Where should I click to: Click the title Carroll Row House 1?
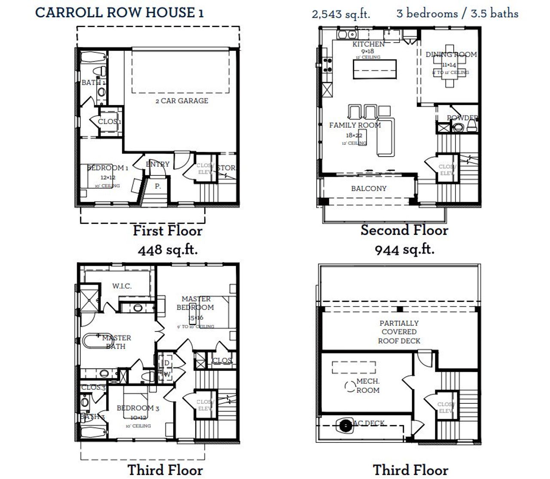coord(119,12)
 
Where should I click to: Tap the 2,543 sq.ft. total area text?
coord(341,14)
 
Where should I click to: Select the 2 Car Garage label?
coord(182,101)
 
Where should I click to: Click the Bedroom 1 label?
coord(107,168)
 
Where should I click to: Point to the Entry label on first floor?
coord(157,164)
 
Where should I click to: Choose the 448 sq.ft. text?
coord(168,249)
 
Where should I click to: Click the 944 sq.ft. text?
coord(404,249)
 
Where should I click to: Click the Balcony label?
coord(369,188)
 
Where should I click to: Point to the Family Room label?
coord(355,125)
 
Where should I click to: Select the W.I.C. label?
coord(122,286)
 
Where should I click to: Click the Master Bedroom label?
coord(196,303)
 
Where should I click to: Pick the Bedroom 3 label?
coord(138,408)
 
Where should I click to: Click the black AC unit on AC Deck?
coord(345,426)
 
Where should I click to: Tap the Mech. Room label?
coord(368,386)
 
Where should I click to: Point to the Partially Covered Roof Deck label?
coord(399,332)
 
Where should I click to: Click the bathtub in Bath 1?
coord(93,58)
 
